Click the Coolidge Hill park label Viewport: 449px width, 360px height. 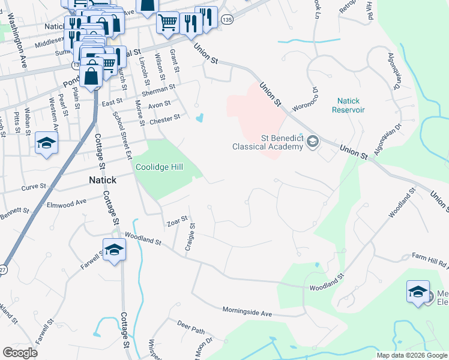click(158, 167)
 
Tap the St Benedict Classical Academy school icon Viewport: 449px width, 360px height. click(312, 142)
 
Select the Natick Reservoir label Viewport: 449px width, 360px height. click(350, 105)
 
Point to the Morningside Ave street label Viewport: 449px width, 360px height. click(247, 313)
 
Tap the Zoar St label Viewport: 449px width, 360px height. click(177, 222)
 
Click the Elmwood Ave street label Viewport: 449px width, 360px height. click(67, 204)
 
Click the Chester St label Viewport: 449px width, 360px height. click(164, 119)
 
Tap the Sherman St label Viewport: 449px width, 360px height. click(159, 88)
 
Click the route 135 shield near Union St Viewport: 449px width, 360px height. click(226, 20)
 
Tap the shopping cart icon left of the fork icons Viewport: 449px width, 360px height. click(167, 23)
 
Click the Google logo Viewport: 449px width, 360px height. click(20, 353)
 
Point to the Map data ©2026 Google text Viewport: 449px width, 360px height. click(411, 355)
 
